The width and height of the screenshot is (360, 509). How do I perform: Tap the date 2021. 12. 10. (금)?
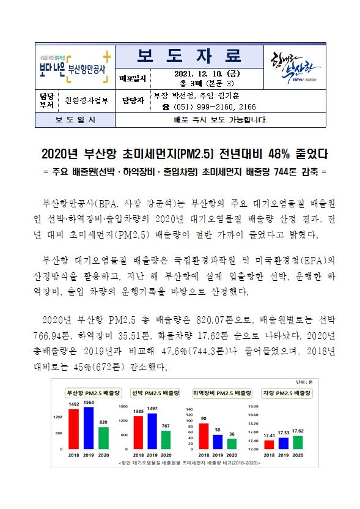point(193,74)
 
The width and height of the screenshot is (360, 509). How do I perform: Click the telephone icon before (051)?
point(165,106)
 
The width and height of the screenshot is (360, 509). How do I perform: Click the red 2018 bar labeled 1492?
point(73,428)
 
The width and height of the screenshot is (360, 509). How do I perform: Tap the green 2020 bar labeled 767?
point(166,439)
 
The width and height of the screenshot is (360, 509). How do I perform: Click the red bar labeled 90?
point(204,436)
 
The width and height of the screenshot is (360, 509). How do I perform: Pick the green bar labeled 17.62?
point(298,442)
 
